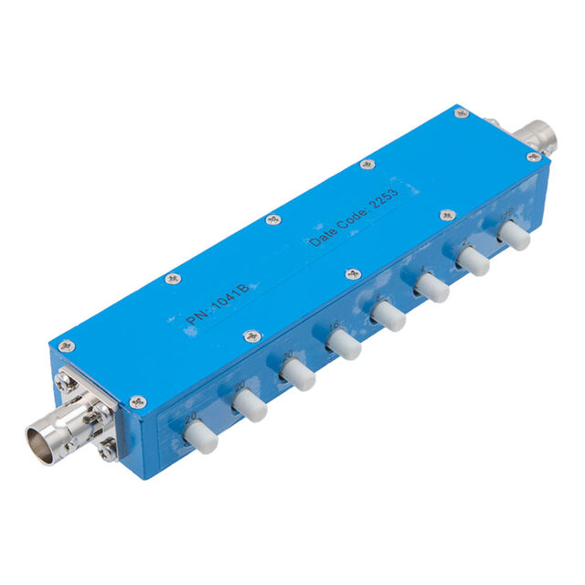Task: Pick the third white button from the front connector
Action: (x=297, y=375)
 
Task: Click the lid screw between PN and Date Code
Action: (x=273, y=219)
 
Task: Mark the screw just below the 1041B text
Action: (x=253, y=336)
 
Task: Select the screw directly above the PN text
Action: (x=173, y=280)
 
